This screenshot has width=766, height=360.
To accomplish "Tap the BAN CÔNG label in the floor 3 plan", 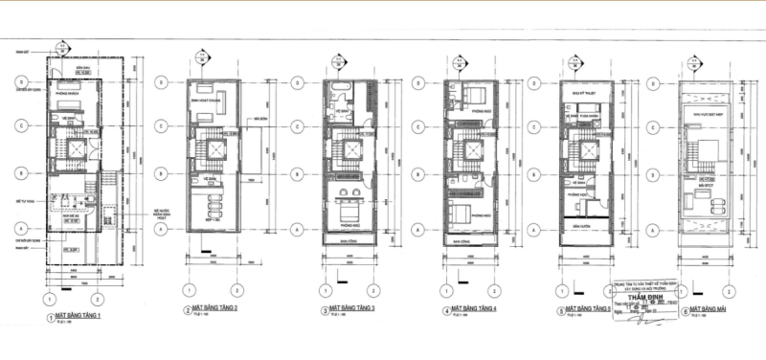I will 349,242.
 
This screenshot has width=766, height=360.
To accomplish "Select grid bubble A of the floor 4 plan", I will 418,230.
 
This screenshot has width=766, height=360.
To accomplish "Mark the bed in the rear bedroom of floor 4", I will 476,96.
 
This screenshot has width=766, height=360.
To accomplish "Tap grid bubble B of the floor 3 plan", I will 301,176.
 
